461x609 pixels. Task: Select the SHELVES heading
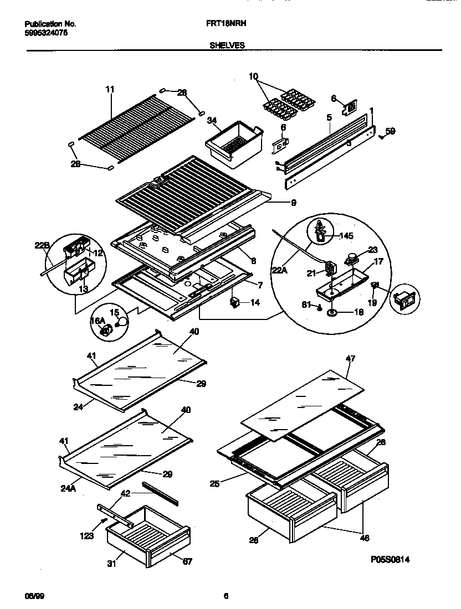tap(227, 45)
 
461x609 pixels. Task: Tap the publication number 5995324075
tap(47, 33)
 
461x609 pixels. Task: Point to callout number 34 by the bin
tap(212, 120)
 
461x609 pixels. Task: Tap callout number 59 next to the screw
tap(390, 131)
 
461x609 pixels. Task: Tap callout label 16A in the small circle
tap(98, 321)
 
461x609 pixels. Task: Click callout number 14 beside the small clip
tap(255, 303)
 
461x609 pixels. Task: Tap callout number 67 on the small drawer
tap(187, 562)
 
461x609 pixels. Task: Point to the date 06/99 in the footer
tap(34, 596)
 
